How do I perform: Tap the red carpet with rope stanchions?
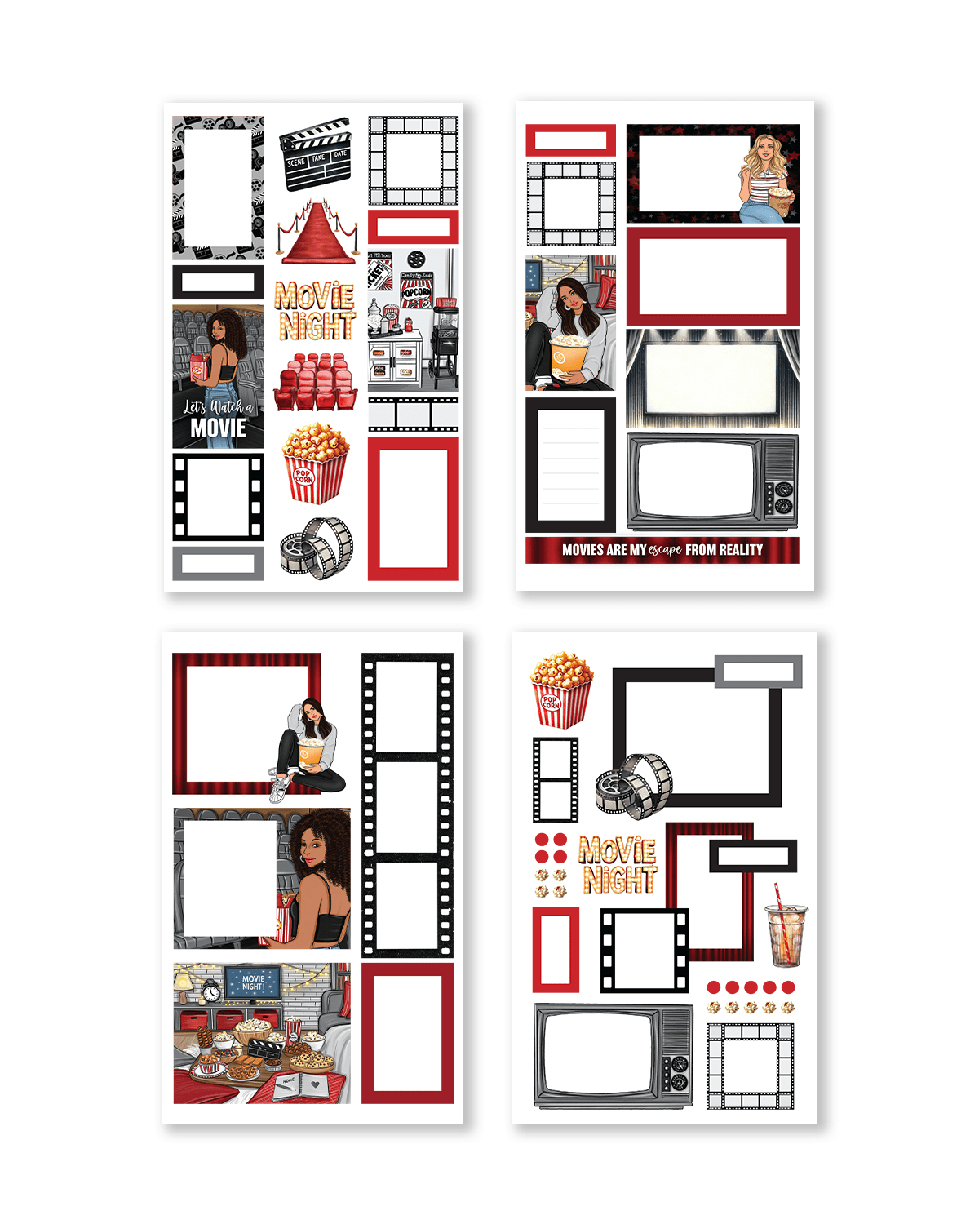point(317,234)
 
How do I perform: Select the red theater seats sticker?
point(315,381)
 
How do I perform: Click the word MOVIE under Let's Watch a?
point(218,428)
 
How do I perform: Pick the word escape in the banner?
point(665,550)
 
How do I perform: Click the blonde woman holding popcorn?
point(767,175)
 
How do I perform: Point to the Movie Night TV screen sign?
point(252,982)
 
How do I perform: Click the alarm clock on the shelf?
point(211,993)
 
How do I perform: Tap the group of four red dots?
point(551,848)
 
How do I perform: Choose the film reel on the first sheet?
point(317,548)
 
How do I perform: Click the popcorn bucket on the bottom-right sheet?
point(561,690)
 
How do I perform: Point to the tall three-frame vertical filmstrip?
point(406,804)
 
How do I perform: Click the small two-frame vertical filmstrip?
point(556,779)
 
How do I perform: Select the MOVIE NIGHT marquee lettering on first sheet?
point(315,311)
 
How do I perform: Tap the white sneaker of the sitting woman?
point(278,788)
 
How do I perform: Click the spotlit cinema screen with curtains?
point(712,378)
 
